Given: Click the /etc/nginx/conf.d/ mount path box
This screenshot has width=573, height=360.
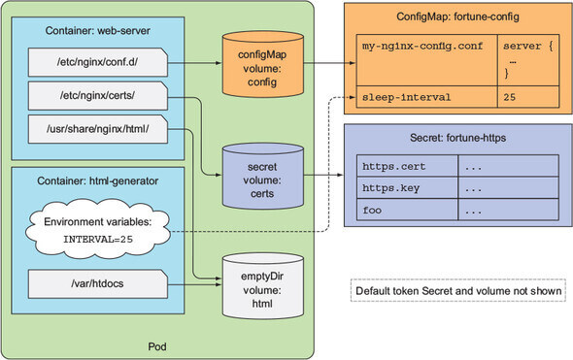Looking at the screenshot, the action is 98,62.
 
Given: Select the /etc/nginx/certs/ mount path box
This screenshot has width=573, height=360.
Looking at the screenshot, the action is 98,96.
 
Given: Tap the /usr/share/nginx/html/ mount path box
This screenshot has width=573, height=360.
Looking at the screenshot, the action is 98,129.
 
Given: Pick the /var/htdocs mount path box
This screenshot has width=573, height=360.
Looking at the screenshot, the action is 98,283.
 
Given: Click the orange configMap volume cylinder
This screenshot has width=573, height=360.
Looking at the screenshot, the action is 263,65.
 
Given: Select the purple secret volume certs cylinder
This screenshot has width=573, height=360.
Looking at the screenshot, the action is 263,176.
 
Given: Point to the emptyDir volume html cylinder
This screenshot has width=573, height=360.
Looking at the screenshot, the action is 263,286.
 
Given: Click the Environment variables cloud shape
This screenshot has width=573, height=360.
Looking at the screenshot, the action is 98,230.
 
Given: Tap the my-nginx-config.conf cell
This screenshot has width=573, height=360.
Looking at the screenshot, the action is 426,60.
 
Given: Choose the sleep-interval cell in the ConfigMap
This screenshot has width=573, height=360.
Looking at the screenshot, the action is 426,97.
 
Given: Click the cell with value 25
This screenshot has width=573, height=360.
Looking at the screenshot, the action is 528,97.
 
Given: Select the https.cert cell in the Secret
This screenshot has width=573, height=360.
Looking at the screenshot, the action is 407,166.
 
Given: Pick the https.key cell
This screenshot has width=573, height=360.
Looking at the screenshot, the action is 407,188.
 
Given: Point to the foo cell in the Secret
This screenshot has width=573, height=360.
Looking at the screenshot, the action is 407,210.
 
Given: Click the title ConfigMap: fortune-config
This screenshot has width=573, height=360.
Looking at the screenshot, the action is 457,16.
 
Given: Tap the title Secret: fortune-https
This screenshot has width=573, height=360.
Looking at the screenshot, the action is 457,138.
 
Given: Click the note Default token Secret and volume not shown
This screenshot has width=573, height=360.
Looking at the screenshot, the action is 458,291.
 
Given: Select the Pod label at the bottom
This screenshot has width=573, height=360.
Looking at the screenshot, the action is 157,346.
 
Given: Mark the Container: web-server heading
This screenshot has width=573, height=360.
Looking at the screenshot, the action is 97,31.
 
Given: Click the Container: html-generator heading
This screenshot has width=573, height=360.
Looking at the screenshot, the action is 97,181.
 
